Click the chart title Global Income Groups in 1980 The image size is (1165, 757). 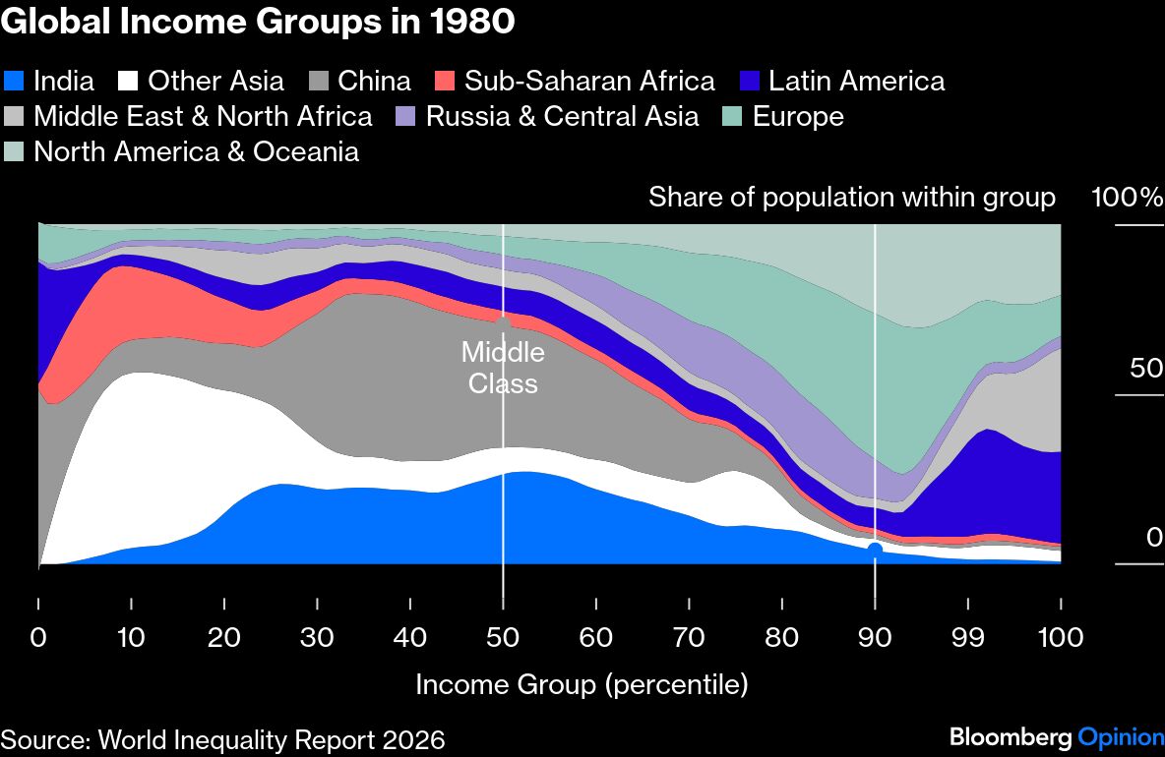(258, 22)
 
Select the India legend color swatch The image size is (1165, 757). (15, 81)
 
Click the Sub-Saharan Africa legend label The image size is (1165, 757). (589, 81)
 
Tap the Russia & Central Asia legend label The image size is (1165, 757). (562, 116)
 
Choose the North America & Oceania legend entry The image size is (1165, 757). (196, 151)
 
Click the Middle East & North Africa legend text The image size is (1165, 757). (203, 116)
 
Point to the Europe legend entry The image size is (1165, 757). (798, 116)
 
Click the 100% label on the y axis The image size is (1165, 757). (1127, 198)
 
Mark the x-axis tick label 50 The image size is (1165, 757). (503, 637)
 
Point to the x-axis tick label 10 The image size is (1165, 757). (131, 637)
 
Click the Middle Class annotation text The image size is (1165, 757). (503, 367)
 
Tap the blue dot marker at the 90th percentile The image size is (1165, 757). (874, 550)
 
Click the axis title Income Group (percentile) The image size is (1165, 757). (582, 684)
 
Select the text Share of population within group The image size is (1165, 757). (851, 198)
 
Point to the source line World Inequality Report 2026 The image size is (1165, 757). (222, 738)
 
